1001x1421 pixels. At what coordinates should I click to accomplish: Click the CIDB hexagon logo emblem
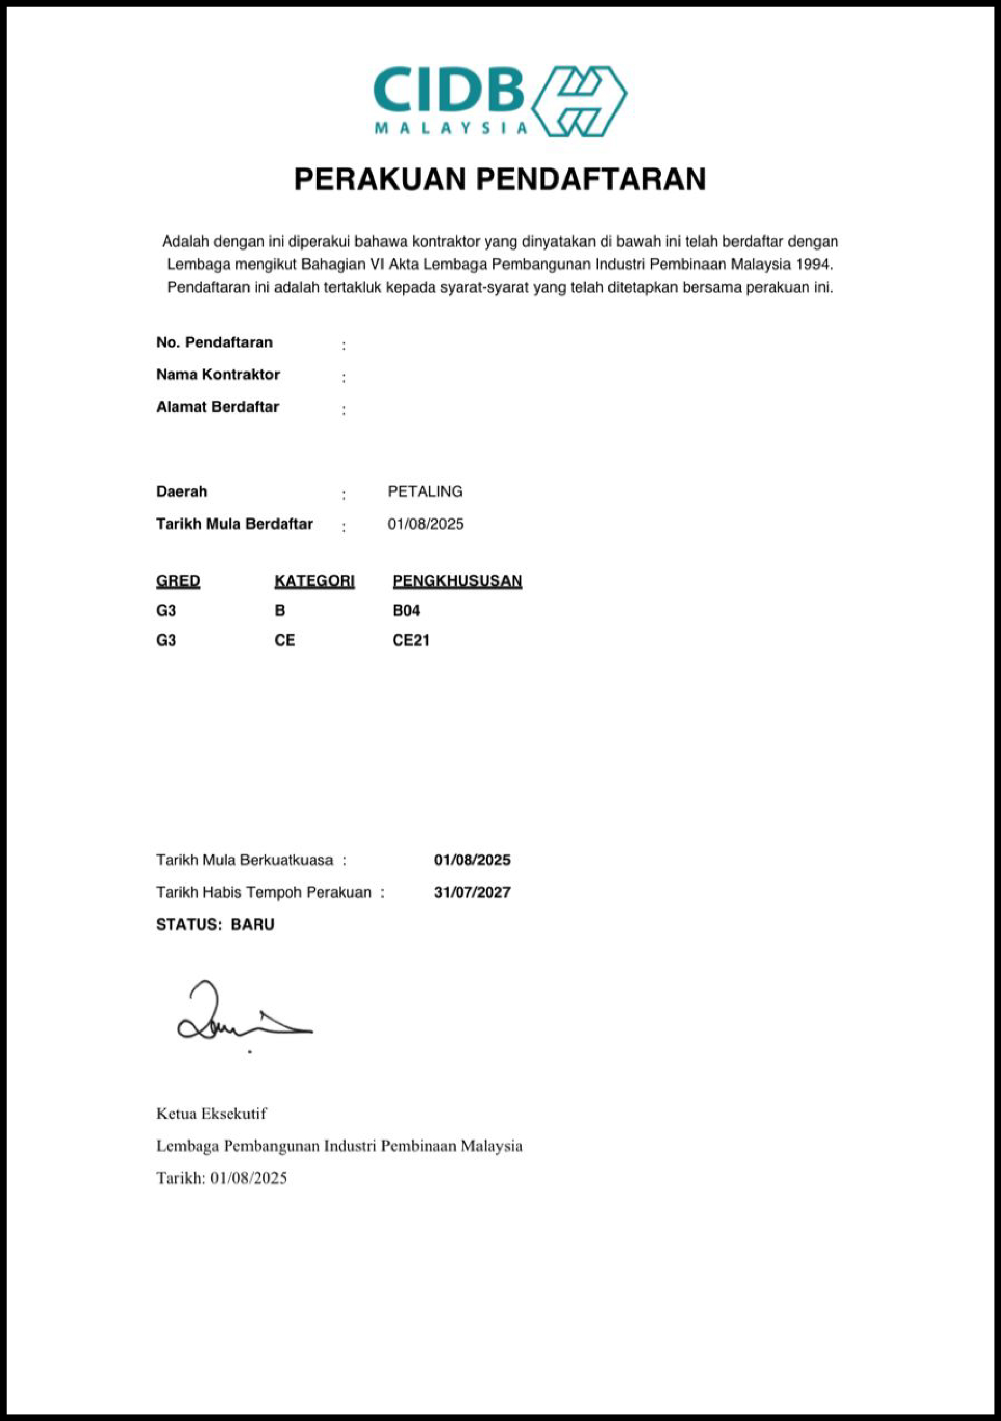coord(579,101)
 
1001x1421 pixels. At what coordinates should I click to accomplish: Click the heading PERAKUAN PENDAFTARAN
coord(500,179)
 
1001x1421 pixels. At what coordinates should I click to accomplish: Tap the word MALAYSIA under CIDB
coord(451,128)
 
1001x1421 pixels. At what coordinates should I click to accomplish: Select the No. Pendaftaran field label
coord(214,342)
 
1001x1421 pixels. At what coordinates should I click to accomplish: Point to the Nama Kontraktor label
coord(218,375)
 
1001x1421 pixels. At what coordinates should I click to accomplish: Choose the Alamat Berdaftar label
coord(217,407)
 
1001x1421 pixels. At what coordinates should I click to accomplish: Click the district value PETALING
coord(425,491)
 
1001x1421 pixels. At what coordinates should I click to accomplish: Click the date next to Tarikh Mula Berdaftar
coord(426,524)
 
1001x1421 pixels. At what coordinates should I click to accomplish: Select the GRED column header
coord(178,580)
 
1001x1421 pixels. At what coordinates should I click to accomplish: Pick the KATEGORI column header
coord(314,580)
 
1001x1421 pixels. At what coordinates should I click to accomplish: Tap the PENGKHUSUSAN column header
coord(457,580)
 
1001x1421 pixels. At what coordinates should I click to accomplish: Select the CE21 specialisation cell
coord(411,640)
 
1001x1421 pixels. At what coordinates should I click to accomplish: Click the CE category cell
coord(284,640)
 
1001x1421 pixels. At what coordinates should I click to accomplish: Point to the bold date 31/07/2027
coord(472,892)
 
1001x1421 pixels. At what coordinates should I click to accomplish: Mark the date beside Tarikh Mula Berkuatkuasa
coord(472,859)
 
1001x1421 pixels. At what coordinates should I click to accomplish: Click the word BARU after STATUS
coord(253,924)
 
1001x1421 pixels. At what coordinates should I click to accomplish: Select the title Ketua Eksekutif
coord(212,1113)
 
